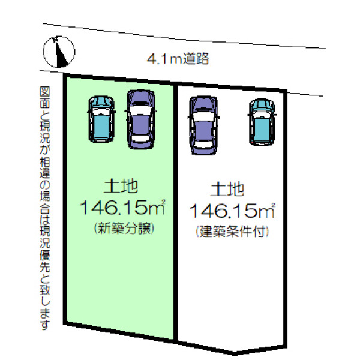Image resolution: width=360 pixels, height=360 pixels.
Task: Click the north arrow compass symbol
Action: click(x=59, y=52)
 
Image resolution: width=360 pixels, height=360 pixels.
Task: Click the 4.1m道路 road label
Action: click(x=178, y=59)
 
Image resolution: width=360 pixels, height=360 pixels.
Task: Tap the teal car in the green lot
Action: click(x=101, y=119)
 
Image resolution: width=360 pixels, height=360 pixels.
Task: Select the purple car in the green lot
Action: click(x=140, y=119)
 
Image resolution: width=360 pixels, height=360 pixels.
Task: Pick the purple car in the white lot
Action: click(x=203, y=125)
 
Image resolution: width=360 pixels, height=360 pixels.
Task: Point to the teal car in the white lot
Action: click(x=262, y=122)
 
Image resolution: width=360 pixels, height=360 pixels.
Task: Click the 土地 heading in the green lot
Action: click(x=121, y=186)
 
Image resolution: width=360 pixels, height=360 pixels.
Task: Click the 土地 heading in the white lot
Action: click(x=227, y=189)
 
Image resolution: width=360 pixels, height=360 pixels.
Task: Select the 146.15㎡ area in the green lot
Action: click(x=122, y=207)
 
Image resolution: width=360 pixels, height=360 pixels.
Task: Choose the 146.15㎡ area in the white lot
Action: click(x=232, y=211)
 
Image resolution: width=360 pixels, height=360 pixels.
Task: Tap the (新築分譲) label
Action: click(x=124, y=229)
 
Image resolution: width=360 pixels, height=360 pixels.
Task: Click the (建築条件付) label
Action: click(x=232, y=232)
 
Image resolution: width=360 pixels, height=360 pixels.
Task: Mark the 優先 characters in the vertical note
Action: click(x=45, y=261)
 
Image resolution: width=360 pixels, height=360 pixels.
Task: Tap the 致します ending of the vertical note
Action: click(x=45, y=307)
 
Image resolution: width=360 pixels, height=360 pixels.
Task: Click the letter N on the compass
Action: click(x=55, y=39)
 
